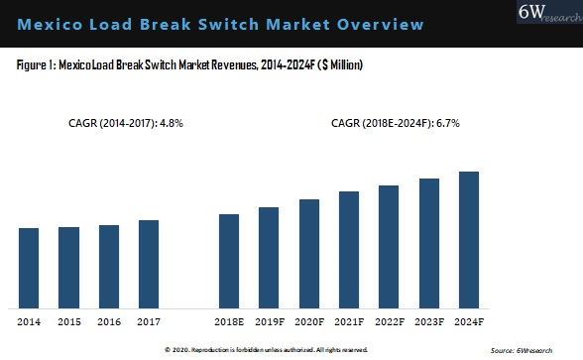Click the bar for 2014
pos(29,268)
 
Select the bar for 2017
pos(148,264)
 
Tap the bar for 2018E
pos(228,261)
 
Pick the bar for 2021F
pos(348,249)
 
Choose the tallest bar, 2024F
pos(469,239)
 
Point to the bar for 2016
pos(108,266)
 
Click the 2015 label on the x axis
pos(68,322)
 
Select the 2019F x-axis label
pos(269,322)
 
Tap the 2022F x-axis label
pos(389,322)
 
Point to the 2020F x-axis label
pos(308,322)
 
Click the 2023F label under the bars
pos(428,322)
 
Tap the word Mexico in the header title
pos(51,23)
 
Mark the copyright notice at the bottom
pos(266,350)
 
